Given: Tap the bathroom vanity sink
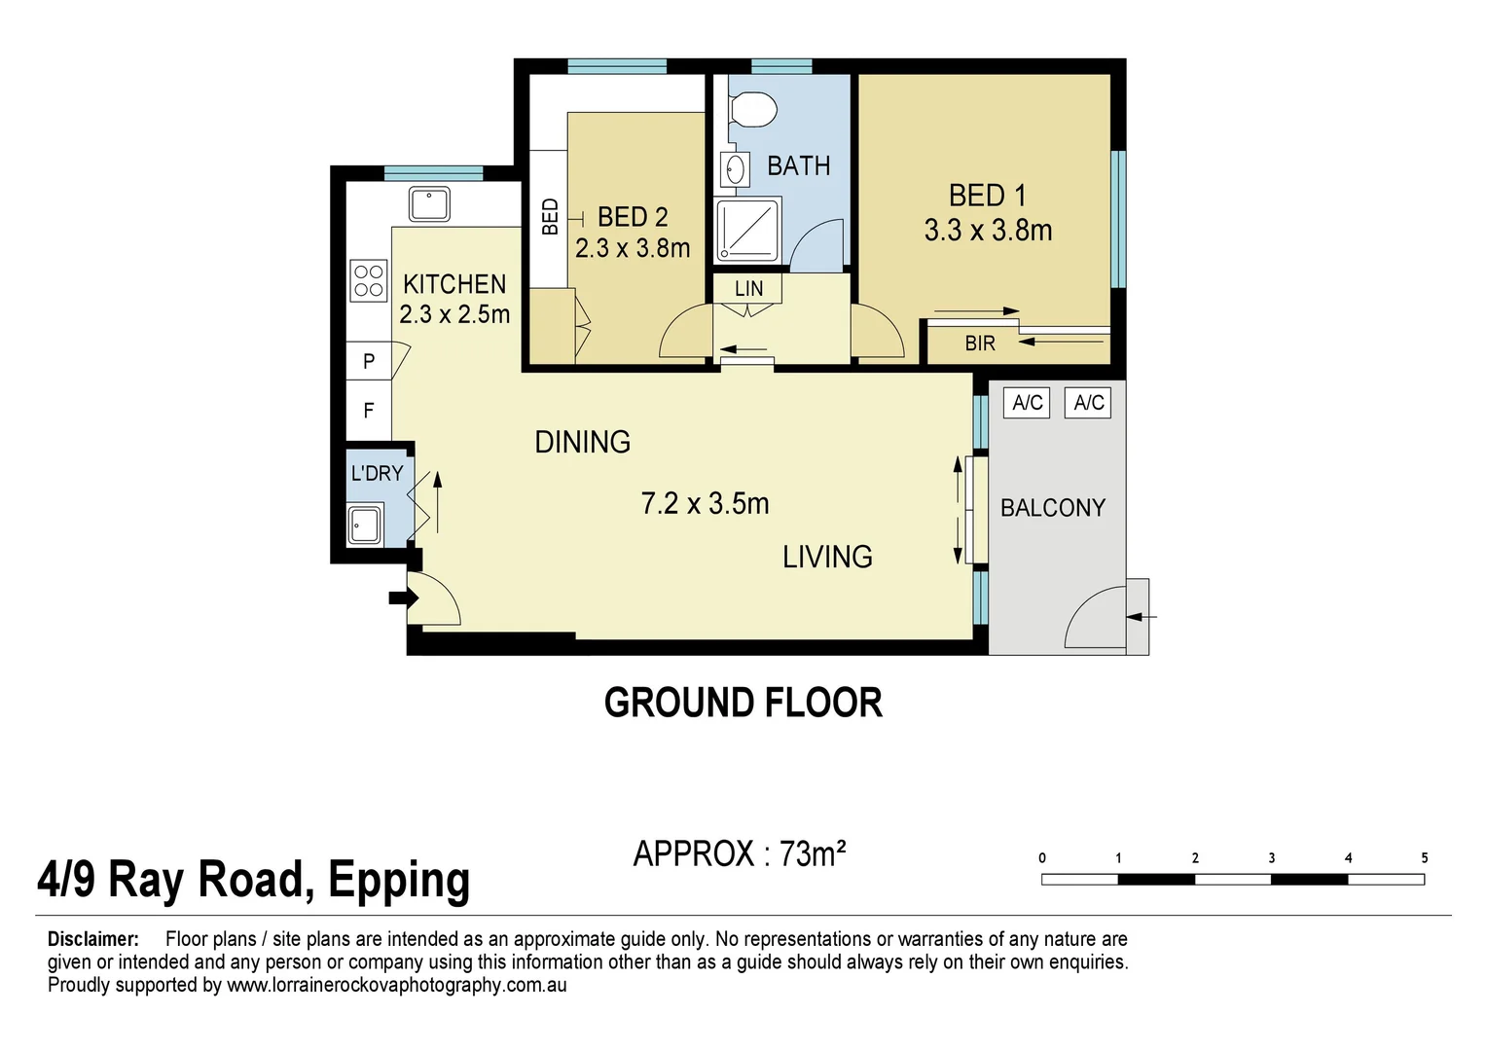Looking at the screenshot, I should click(735, 170).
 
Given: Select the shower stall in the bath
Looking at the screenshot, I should click(747, 231).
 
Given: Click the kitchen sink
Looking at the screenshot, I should click(428, 204).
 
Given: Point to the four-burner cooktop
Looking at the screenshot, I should click(369, 281).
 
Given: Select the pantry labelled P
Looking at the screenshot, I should click(369, 361).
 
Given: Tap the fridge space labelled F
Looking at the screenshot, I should click(369, 411).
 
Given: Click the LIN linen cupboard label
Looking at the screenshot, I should click(748, 289).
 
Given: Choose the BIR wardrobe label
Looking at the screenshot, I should click(980, 344).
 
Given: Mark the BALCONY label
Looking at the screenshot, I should click(1053, 508).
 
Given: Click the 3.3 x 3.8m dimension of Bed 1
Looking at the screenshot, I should click(988, 231).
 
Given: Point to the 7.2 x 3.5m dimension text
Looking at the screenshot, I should click(705, 504).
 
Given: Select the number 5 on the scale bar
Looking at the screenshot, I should click(1424, 858).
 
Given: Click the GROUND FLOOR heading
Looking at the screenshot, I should click(743, 703).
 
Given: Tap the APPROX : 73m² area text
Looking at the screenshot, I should click(740, 853).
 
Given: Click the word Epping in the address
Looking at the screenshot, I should click(399, 881).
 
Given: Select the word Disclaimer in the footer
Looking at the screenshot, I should click(93, 939).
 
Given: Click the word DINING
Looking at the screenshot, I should click(582, 443).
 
